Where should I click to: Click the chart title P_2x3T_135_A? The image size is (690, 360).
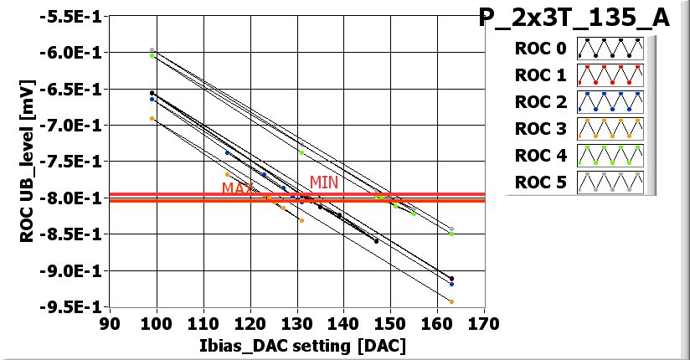coord(574,18)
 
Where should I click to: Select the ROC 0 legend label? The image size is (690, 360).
coord(540,49)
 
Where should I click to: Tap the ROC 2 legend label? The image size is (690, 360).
coord(540,102)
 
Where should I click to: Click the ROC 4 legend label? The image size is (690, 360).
coord(540,156)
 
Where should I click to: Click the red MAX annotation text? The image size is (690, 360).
coord(237,188)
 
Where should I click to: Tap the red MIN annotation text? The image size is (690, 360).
coord(324,182)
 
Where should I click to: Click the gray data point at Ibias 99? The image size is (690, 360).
coord(152,50)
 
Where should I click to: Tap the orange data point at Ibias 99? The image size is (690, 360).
coord(152,119)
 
